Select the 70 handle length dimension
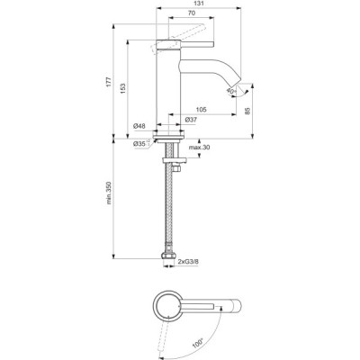pos(192,13)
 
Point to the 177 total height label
pos(109,82)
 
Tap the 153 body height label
pos(123,89)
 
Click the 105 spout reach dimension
pos(201,110)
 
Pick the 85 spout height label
pos(247,112)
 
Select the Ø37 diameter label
pos(191,120)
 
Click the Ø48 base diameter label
pos(139,126)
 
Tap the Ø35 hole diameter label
pos(139,144)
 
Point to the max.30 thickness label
pos(199,148)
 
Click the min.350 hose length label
pos(109,193)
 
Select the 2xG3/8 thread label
pos(188,262)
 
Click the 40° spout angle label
pos(231,91)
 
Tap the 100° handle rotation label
pos(198,341)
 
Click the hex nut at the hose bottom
pos(168,255)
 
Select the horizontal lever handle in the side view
pos(185,43)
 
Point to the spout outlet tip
pos(238,81)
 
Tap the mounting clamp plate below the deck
pos(175,160)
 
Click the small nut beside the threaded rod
pos(177,169)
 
